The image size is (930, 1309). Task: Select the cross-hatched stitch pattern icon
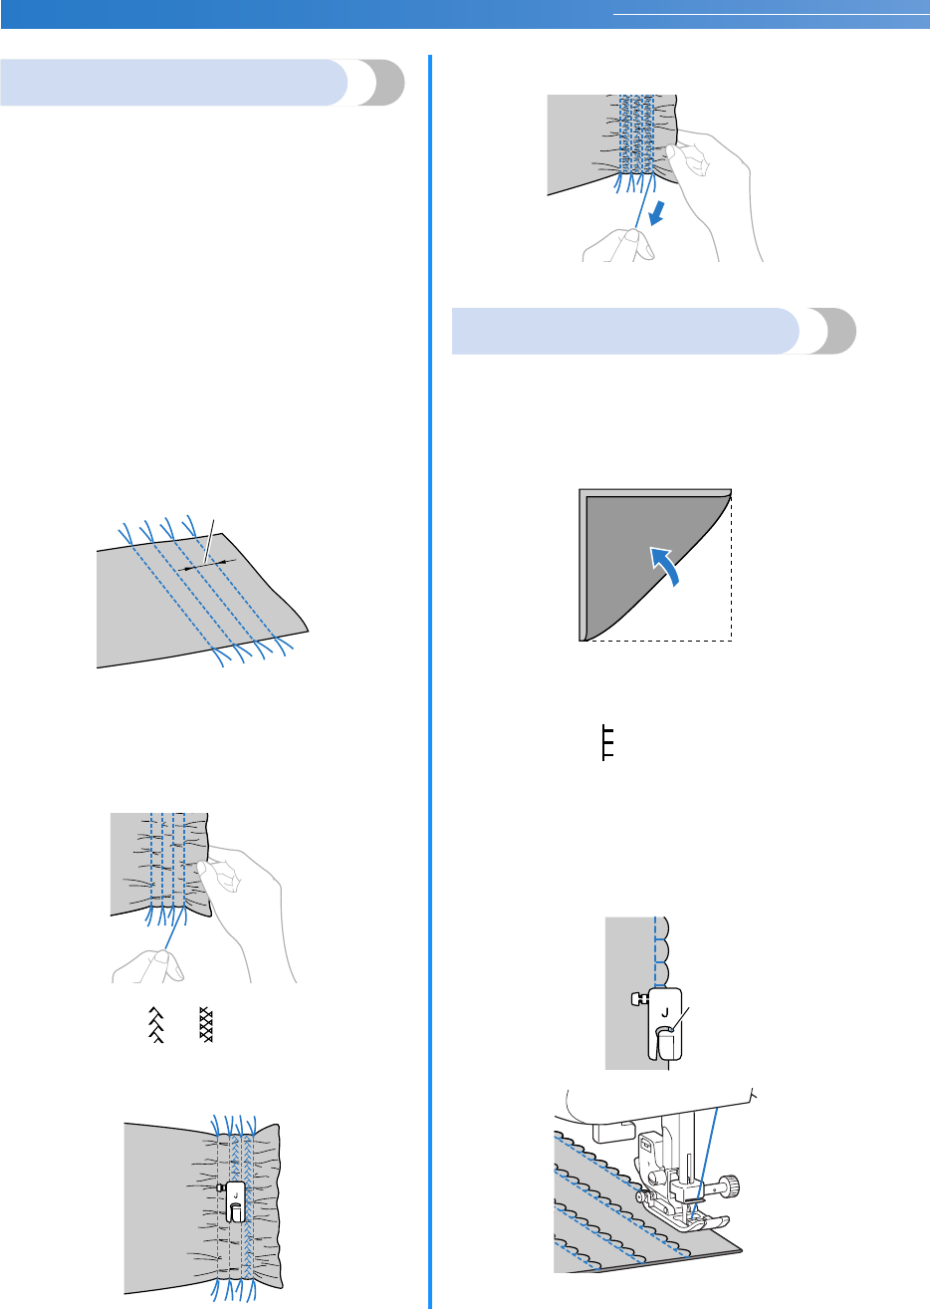pos(207,1023)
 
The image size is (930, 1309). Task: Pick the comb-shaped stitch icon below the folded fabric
pos(606,743)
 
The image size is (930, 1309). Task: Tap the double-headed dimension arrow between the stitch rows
pos(205,563)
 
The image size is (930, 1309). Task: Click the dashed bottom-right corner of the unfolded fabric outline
pos(731,640)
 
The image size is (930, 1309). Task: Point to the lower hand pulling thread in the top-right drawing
pos(618,243)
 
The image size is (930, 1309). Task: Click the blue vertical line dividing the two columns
pos(431,677)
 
